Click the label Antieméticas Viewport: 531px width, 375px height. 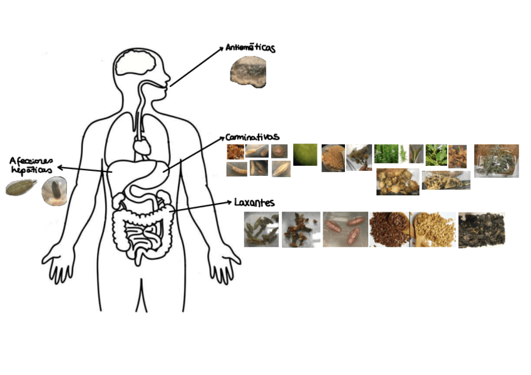pos(251,48)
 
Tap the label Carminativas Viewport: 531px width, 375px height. pos(252,136)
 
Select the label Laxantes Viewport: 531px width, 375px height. pos(254,203)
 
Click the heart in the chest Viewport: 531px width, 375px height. pos(142,146)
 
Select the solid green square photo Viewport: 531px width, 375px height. pos(305,155)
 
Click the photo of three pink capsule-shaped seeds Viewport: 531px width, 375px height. pos(346,229)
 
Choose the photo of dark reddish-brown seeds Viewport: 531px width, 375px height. pos(389,229)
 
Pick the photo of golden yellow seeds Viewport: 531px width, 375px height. pos(433,229)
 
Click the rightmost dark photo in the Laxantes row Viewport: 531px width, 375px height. pos(481,230)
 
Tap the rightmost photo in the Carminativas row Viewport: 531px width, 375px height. pos(496,160)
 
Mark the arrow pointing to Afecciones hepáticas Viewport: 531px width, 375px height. pos(81,168)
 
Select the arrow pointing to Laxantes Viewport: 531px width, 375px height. pos(200,207)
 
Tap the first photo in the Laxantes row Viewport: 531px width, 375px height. pos(261,229)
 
